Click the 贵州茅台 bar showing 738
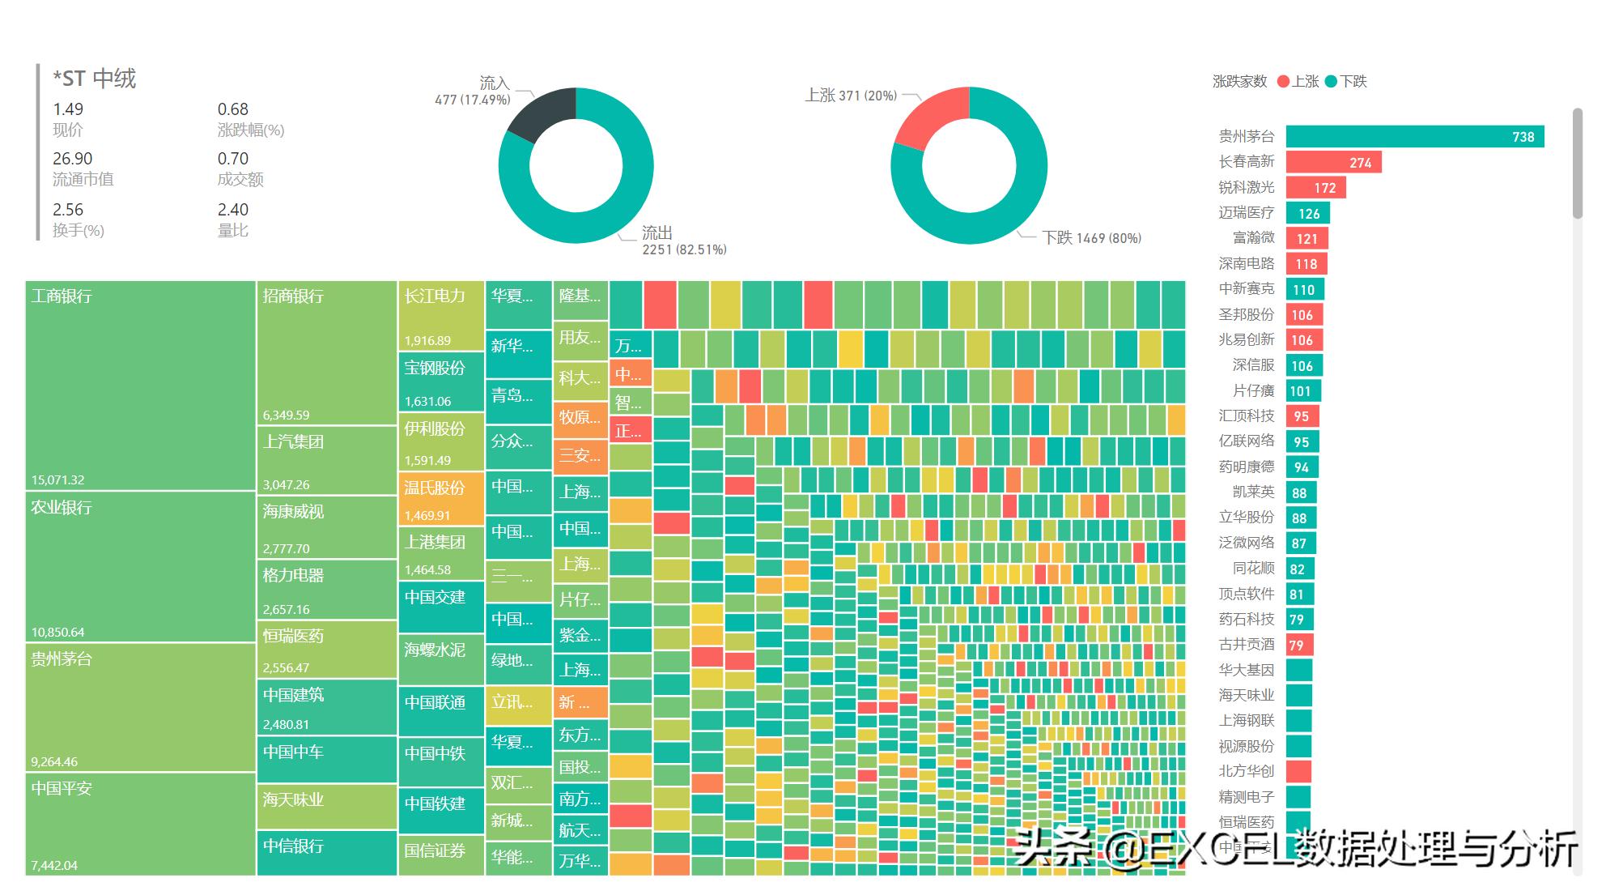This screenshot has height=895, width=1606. coord(1414,137)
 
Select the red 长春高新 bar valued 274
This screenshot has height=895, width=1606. coord(1333,163)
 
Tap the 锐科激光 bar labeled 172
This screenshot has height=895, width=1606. coord(1315,188)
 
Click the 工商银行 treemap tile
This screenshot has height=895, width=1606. coord(140,386)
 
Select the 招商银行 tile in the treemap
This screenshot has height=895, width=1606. coord(326,353)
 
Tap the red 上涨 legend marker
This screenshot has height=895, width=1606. coord(1283,82)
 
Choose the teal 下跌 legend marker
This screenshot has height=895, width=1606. coord(1331,82)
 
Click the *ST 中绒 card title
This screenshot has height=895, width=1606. coord(95,79)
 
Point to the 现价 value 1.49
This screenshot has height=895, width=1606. coord(68,109)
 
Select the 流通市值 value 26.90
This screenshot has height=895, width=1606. coord(73,159)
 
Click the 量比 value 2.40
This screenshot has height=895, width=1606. coord(233,210)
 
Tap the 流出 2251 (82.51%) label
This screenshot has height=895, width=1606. coord(684,241)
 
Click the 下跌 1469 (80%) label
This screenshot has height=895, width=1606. coord(1091,238)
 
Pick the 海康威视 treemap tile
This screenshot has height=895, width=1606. coord(326,526)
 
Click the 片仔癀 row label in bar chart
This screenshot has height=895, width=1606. coord(1253,391)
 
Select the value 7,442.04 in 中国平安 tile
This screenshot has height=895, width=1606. coord(54,865)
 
